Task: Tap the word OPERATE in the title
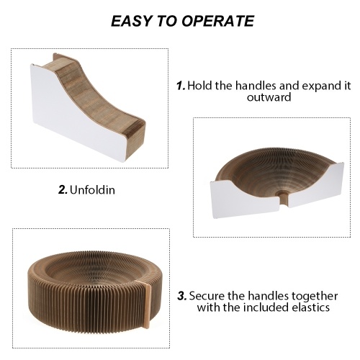coord(217,21)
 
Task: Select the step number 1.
coord(181,86)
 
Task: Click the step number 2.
coord(63,190)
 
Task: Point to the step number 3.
coord(182,296)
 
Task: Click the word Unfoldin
coord(92,190)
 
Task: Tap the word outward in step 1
coord(269,97)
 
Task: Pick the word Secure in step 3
coord(207,296)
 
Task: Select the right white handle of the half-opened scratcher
coord(316,186)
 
